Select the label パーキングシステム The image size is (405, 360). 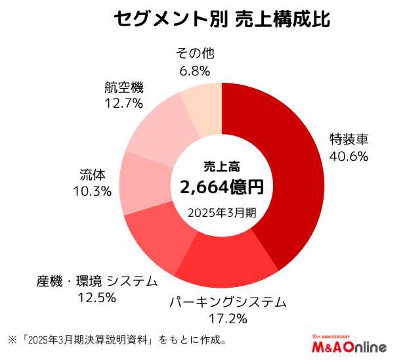pyautogui.click(x=228, y=302)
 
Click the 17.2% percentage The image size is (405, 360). pyautogui.click(x=228, y=319)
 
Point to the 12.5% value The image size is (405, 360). pyautogui.click(x=97, y=298)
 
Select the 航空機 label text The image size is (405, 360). pyautogui.click(x=123, y=86)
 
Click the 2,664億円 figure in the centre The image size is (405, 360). pyautogui.click(x=222, y=187)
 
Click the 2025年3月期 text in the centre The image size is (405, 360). pyautogui.click(x=222, y=212)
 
